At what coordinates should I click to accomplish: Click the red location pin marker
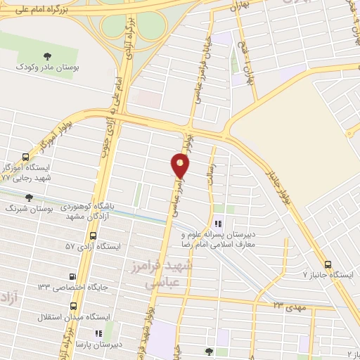(x=181, y=165)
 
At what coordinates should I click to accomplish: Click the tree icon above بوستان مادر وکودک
(x=47, y=56)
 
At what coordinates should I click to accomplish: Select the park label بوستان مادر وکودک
(x=47, y=69)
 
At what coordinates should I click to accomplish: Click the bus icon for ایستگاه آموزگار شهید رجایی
(x=25, y=157)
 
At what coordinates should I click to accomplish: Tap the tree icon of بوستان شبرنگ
(x=29, y=198)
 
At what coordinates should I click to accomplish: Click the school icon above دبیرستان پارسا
(x=98, y=333)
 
